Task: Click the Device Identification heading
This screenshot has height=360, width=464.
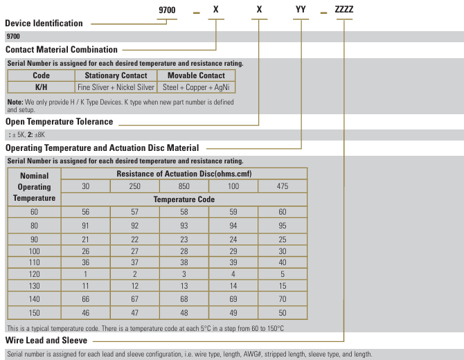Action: click(44, 24)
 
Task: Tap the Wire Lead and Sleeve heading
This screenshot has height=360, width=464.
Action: click(46, 341)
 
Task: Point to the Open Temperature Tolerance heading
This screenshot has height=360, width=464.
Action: click(59, 122)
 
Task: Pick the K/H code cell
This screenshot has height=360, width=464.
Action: click(41, 87)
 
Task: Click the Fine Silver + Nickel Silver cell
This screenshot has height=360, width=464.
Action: click(116, 87)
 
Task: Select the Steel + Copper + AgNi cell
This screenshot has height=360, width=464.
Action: click(197, 87)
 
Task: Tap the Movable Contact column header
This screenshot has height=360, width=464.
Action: click(197, 75)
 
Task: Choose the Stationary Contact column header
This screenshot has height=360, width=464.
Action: click(116, 75)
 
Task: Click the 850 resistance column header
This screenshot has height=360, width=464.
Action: click(184, 186)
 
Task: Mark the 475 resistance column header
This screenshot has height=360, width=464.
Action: click(282, 186)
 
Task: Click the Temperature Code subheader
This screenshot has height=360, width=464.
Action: click(184, 199)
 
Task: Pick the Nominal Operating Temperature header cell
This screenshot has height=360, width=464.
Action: click(35, 187)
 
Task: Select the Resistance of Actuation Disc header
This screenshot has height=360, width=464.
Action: click(184, 173)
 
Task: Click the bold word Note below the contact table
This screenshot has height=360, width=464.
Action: click(15, 102)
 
